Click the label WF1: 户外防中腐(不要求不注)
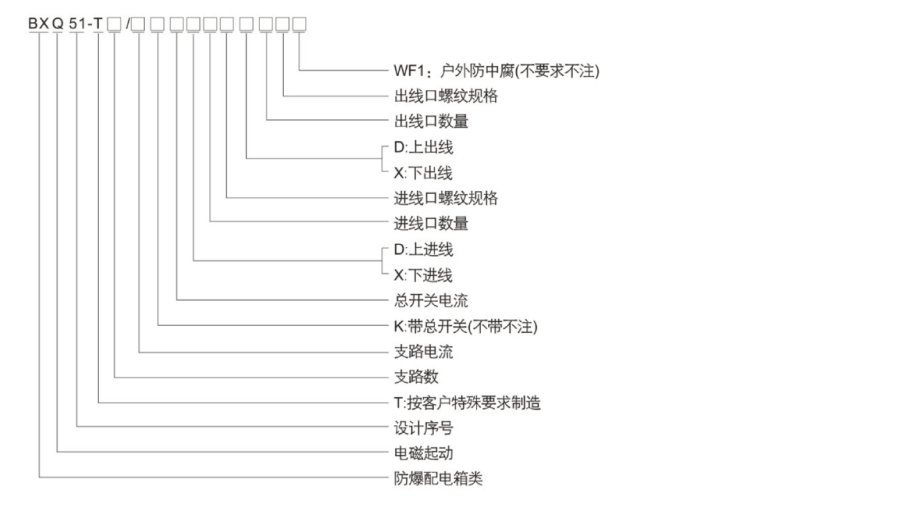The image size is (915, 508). [496, 71]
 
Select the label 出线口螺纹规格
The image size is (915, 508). [446, 96]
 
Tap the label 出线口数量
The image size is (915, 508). [431, 121]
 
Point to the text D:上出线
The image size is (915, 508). [423, 147]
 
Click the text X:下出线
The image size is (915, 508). [423, 172]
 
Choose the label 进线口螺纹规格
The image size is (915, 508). [446, 198]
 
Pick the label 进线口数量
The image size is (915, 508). [431, 224]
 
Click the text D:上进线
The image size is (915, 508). [423, 249]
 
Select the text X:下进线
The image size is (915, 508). [423, 275]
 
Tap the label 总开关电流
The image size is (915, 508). [431, 300]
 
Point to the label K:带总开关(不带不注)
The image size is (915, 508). [465, 326]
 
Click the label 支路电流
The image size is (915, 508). [423, 351]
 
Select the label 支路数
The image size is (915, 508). [416, 377]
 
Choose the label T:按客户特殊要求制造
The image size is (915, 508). [467, 403]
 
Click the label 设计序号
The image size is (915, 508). [423, 428]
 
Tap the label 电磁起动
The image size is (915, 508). [423, 453]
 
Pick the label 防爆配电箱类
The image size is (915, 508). [438, 478]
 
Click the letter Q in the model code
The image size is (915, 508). [57, 24]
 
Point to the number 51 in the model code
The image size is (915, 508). [76, 24]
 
